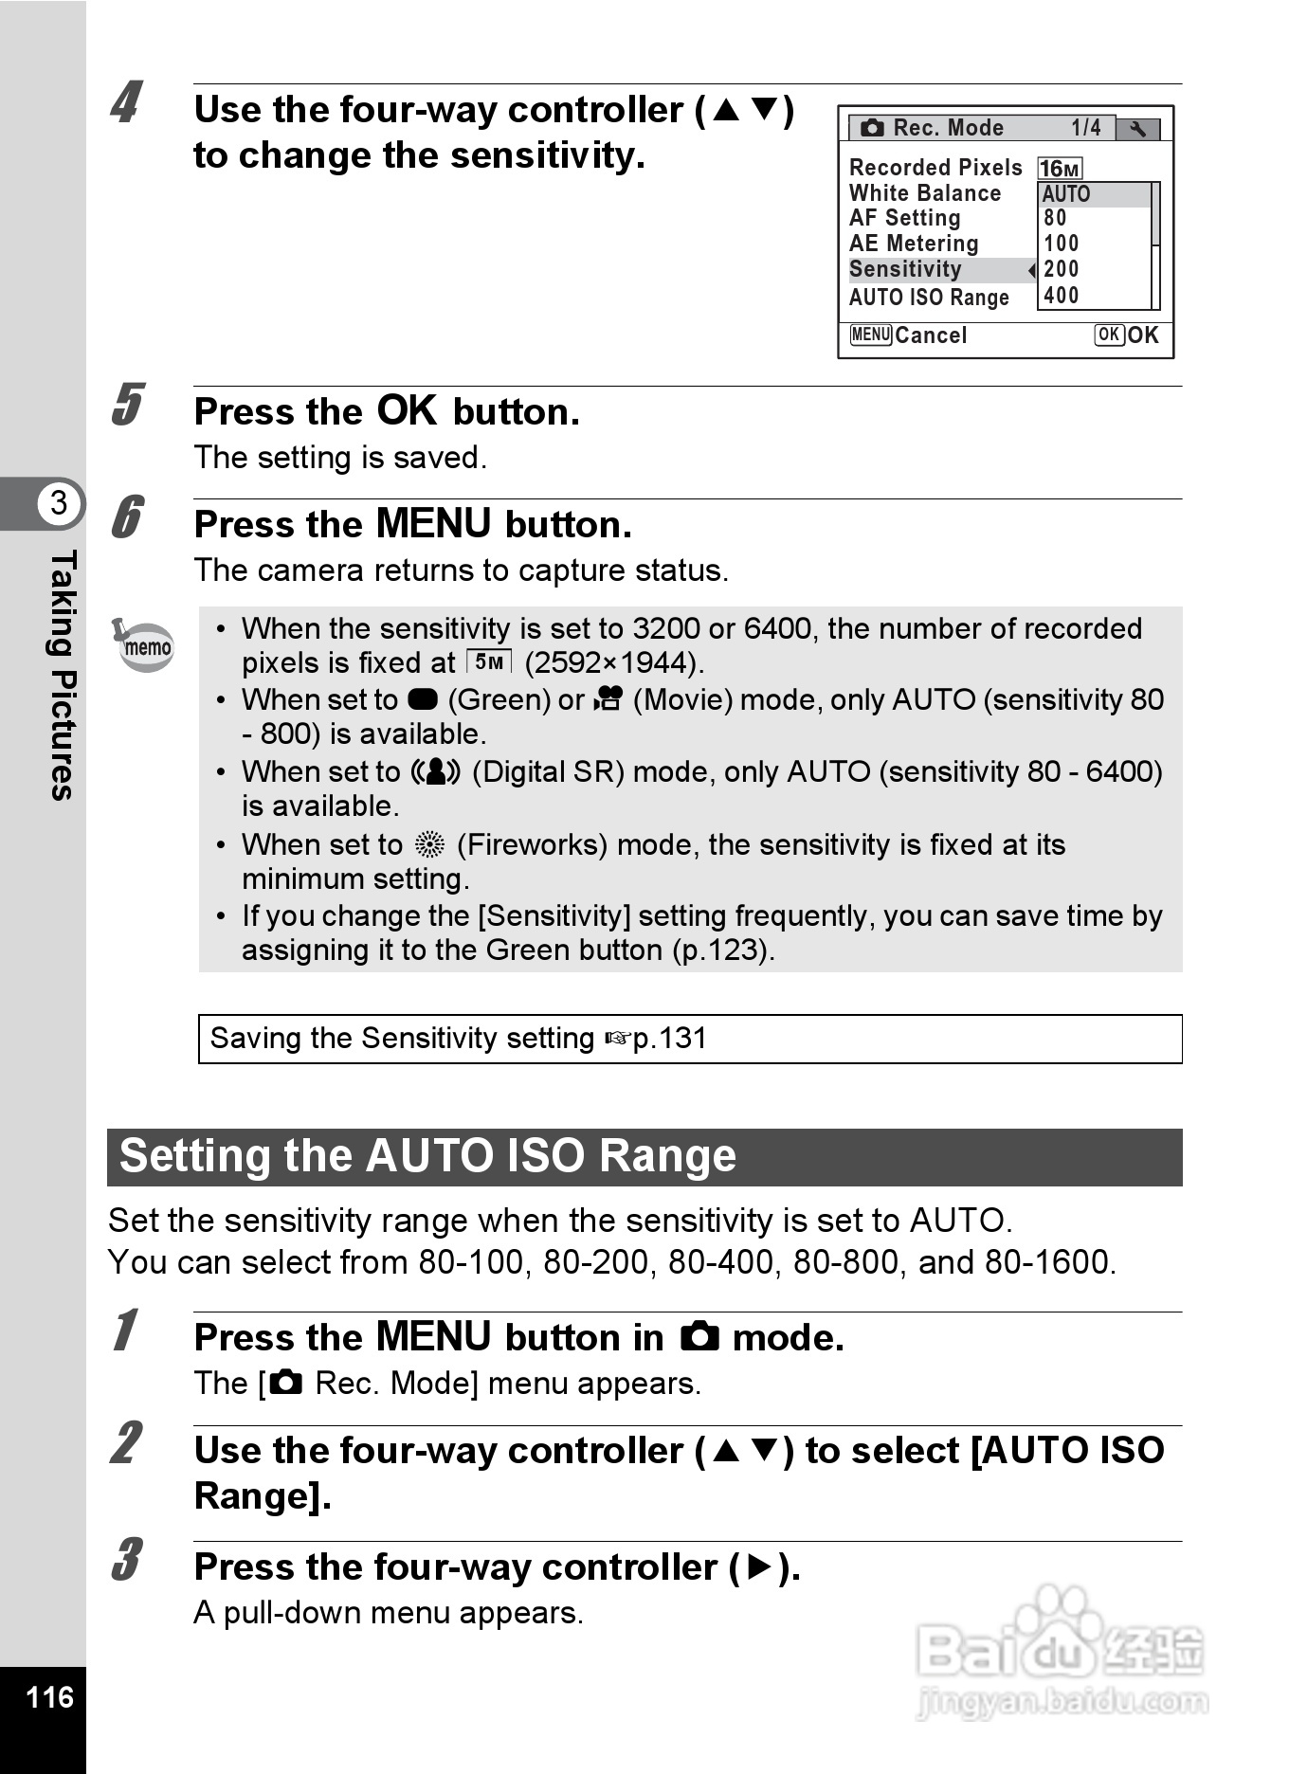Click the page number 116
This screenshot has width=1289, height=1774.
click(x=49, y=1696)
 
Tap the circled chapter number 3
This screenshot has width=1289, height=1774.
click(x=59, y=502)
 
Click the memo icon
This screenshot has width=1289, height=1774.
click(x=144, y=645)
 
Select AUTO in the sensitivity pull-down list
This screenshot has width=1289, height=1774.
click(x=1066, y=194)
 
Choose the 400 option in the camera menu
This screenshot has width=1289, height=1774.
click(x=1062, y=296)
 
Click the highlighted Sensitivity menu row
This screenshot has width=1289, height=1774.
click(x=938, y=270)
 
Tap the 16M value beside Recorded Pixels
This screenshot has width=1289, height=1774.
click(x=1060, y=169)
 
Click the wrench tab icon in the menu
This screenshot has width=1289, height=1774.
click(x=1137, y=129)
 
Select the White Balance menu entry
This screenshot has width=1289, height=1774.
click(x=925, y=193)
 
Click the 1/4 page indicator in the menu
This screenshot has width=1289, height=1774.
click(x=1086, y=128)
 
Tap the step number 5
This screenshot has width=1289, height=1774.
click(x=127, y=405)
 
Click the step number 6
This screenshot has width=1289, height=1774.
click(x=127, y=517)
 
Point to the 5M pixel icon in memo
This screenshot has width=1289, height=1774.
click(x=489, y=661)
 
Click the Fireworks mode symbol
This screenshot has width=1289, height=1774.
click(x=429, y=844)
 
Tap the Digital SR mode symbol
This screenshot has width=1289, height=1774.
click(x=435, y=772)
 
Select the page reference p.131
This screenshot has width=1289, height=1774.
click(x=669, y=1039)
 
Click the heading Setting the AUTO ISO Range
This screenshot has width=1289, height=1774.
click(x=428, y=1156)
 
